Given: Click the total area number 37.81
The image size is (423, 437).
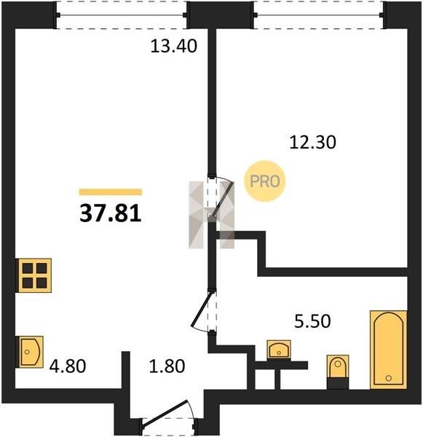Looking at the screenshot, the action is [111, 214].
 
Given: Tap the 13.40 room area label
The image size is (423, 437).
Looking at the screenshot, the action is [173, 46].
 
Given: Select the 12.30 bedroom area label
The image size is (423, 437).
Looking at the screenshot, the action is [312, 142].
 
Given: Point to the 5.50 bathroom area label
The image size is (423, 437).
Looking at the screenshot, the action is [312, 320].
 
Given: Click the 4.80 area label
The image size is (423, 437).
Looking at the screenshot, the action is [68, 366].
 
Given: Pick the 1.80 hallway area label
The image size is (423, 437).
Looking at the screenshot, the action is [167, 366].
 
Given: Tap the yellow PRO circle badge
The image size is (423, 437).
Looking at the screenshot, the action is [265, 181].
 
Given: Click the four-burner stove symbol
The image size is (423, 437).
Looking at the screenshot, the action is [33, 275].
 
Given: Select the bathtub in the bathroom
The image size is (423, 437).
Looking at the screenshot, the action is [389, 350].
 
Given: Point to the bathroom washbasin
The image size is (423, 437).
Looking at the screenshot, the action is [279, 350].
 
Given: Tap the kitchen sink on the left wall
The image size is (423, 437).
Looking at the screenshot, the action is [30, 352].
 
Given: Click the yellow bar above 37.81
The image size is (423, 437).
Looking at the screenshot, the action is [111, 192].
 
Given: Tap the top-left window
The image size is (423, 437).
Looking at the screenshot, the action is [122, 15].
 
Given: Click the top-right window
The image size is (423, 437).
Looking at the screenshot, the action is [320, 15].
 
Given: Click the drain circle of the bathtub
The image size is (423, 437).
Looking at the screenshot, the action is [389, 378].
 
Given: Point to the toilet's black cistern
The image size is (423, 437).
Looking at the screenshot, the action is [338, 382].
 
